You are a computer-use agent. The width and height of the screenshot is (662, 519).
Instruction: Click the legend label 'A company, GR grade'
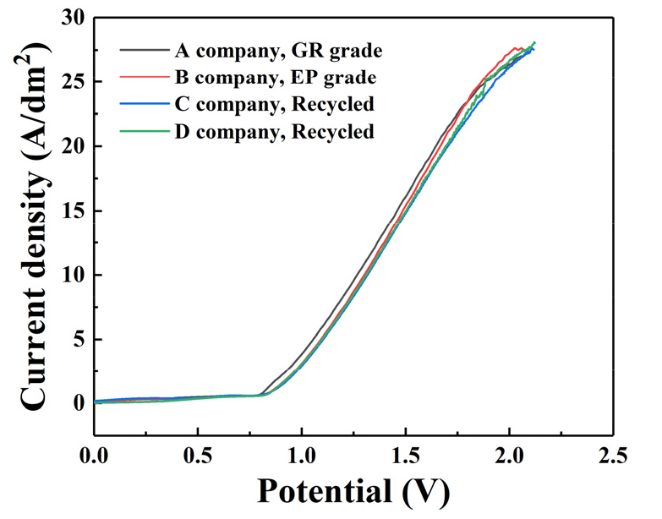278,51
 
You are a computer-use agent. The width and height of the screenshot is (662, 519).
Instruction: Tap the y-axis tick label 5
77,340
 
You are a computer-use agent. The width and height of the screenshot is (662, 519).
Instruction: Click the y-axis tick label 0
77,404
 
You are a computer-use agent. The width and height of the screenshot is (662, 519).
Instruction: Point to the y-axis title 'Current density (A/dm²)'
34,230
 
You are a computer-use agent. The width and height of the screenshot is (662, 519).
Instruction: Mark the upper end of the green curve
534,42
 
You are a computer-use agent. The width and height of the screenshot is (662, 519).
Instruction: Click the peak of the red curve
516,47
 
